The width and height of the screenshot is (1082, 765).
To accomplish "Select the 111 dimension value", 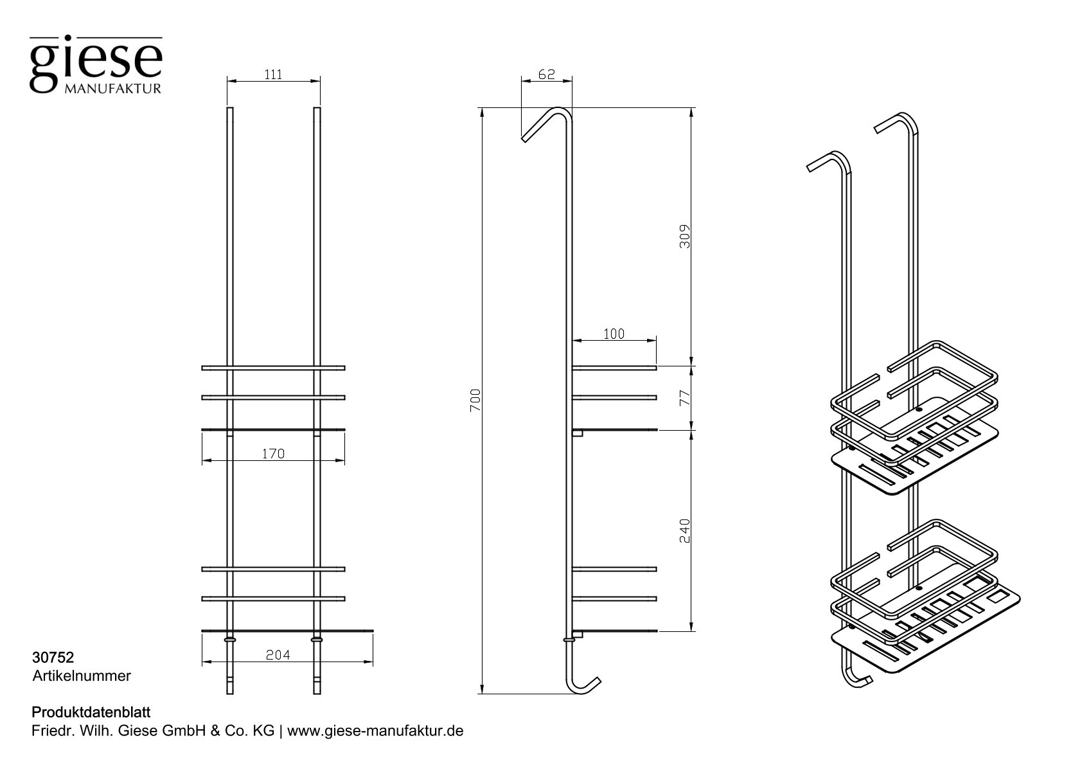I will tap(273, 75).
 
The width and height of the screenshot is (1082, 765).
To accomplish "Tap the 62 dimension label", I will tap(546, 75).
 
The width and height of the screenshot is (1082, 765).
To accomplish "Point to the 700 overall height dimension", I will tap(476, 401).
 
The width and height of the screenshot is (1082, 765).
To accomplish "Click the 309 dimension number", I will tap(685, 237).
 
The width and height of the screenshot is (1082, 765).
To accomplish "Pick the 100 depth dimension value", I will tap(614, 334).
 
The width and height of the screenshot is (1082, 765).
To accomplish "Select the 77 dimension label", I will tap(685, 397).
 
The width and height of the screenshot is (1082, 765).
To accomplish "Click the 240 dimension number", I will tap(685, 531).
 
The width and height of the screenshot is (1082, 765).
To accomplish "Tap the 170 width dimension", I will tap(273, 454).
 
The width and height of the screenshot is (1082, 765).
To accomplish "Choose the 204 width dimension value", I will tap(278, 655).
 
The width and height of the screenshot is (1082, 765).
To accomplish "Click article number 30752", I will tap(53, 658).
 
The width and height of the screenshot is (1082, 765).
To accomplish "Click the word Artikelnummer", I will tap(82, 676).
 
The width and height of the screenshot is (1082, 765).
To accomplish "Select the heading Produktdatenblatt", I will tap(91, 713).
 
